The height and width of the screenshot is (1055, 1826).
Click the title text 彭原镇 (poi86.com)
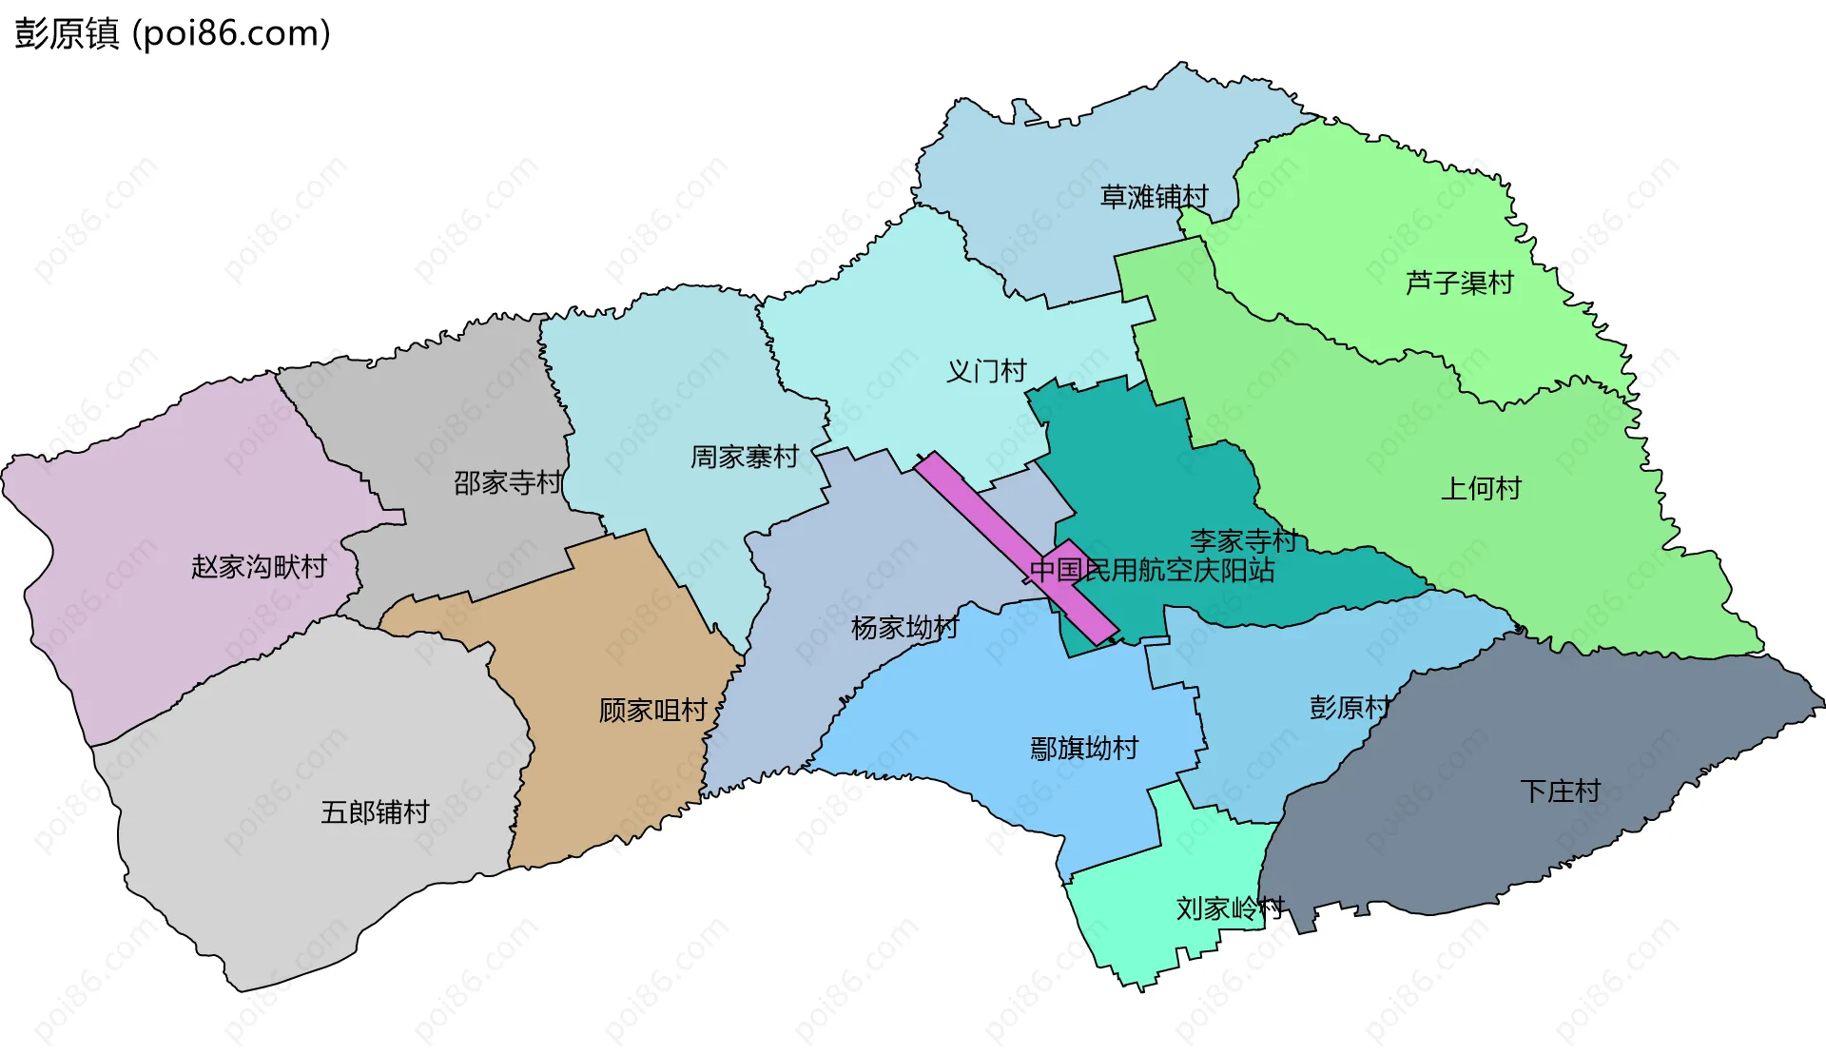click(172, 33)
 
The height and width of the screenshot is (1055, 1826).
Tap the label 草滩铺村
click(1154, 197)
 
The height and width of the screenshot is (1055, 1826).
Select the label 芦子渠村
click(1459, 283)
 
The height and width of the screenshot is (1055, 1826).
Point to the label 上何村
click(1481, 488)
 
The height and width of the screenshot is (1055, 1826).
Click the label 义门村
click(986, 371)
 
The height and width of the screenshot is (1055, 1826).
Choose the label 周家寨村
click(744, 457)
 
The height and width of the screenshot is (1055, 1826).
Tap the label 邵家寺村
click(508, 482)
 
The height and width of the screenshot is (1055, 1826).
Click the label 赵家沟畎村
click(259, 567)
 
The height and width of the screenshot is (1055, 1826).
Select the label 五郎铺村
click(375, 811)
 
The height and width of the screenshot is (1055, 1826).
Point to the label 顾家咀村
click(652, 710)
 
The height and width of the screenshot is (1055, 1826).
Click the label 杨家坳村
click(904, 627)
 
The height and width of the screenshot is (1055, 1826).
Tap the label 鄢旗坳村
click(1083, 748)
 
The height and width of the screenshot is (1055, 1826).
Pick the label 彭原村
click(1349, 707)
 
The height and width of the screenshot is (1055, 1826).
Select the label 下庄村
click(1560, 791)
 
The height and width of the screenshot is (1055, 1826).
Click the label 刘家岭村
click(1230, 908)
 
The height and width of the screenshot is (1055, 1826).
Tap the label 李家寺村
click(1243, 540)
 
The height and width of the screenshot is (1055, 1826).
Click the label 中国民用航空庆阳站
click(1152, 570)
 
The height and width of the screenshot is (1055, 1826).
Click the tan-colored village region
click(609, 780)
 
